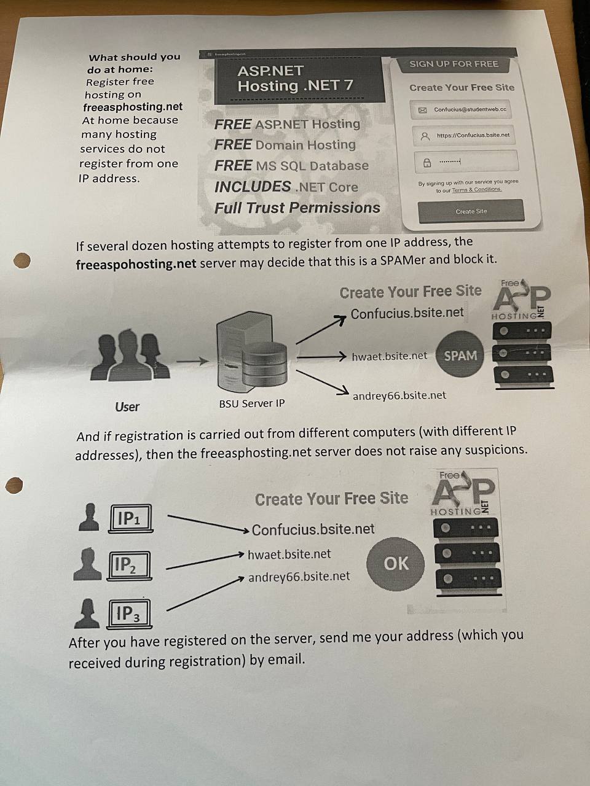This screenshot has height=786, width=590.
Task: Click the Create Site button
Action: coord(471,211)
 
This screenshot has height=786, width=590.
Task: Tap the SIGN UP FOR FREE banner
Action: coord(454,64)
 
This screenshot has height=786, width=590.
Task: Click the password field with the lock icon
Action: coord(466,162)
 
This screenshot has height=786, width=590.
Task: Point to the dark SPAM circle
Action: coord(460,355)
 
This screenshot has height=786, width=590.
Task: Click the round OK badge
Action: coord(396,564)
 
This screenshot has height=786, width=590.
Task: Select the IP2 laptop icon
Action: coord(129,566)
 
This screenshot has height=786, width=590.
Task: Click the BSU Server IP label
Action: coord(252,404)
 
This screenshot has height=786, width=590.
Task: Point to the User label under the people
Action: coord(127,407)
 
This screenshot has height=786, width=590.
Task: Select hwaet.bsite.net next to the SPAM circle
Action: coord(389,356)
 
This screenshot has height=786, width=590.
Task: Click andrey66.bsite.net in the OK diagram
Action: coord(299,577)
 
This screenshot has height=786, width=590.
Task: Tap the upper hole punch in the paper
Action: coord(22,260)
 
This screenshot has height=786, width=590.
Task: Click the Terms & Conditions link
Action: coord(477,190)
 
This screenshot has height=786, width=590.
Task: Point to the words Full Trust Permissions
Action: coord(297,208)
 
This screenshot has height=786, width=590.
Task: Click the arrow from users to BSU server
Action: coord(192,361)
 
